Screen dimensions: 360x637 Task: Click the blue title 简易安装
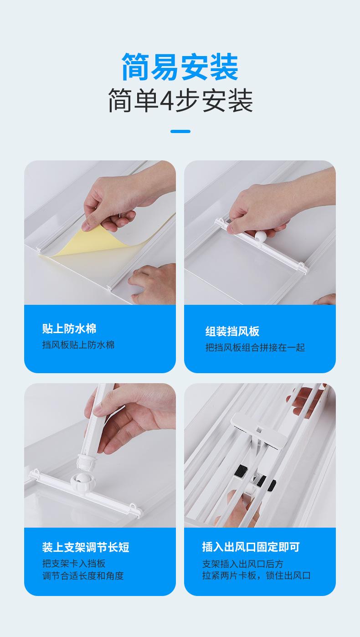tap(180, 67)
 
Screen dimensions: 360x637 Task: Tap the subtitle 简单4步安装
tap(180, 100)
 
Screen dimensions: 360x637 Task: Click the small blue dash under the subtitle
tap(180, 131)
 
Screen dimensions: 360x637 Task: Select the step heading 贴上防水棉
tap(69, 329)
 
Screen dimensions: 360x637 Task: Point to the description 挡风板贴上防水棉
tap(78, 345)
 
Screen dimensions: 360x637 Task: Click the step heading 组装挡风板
tap(232, 331)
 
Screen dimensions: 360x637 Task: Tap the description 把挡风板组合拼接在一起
tap(255, 348)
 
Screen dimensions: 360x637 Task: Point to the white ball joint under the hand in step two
tap(259, 236)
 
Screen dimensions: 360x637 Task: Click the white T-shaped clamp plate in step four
tap(259, 429)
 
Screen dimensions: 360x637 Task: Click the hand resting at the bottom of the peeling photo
tap(152, 282)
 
